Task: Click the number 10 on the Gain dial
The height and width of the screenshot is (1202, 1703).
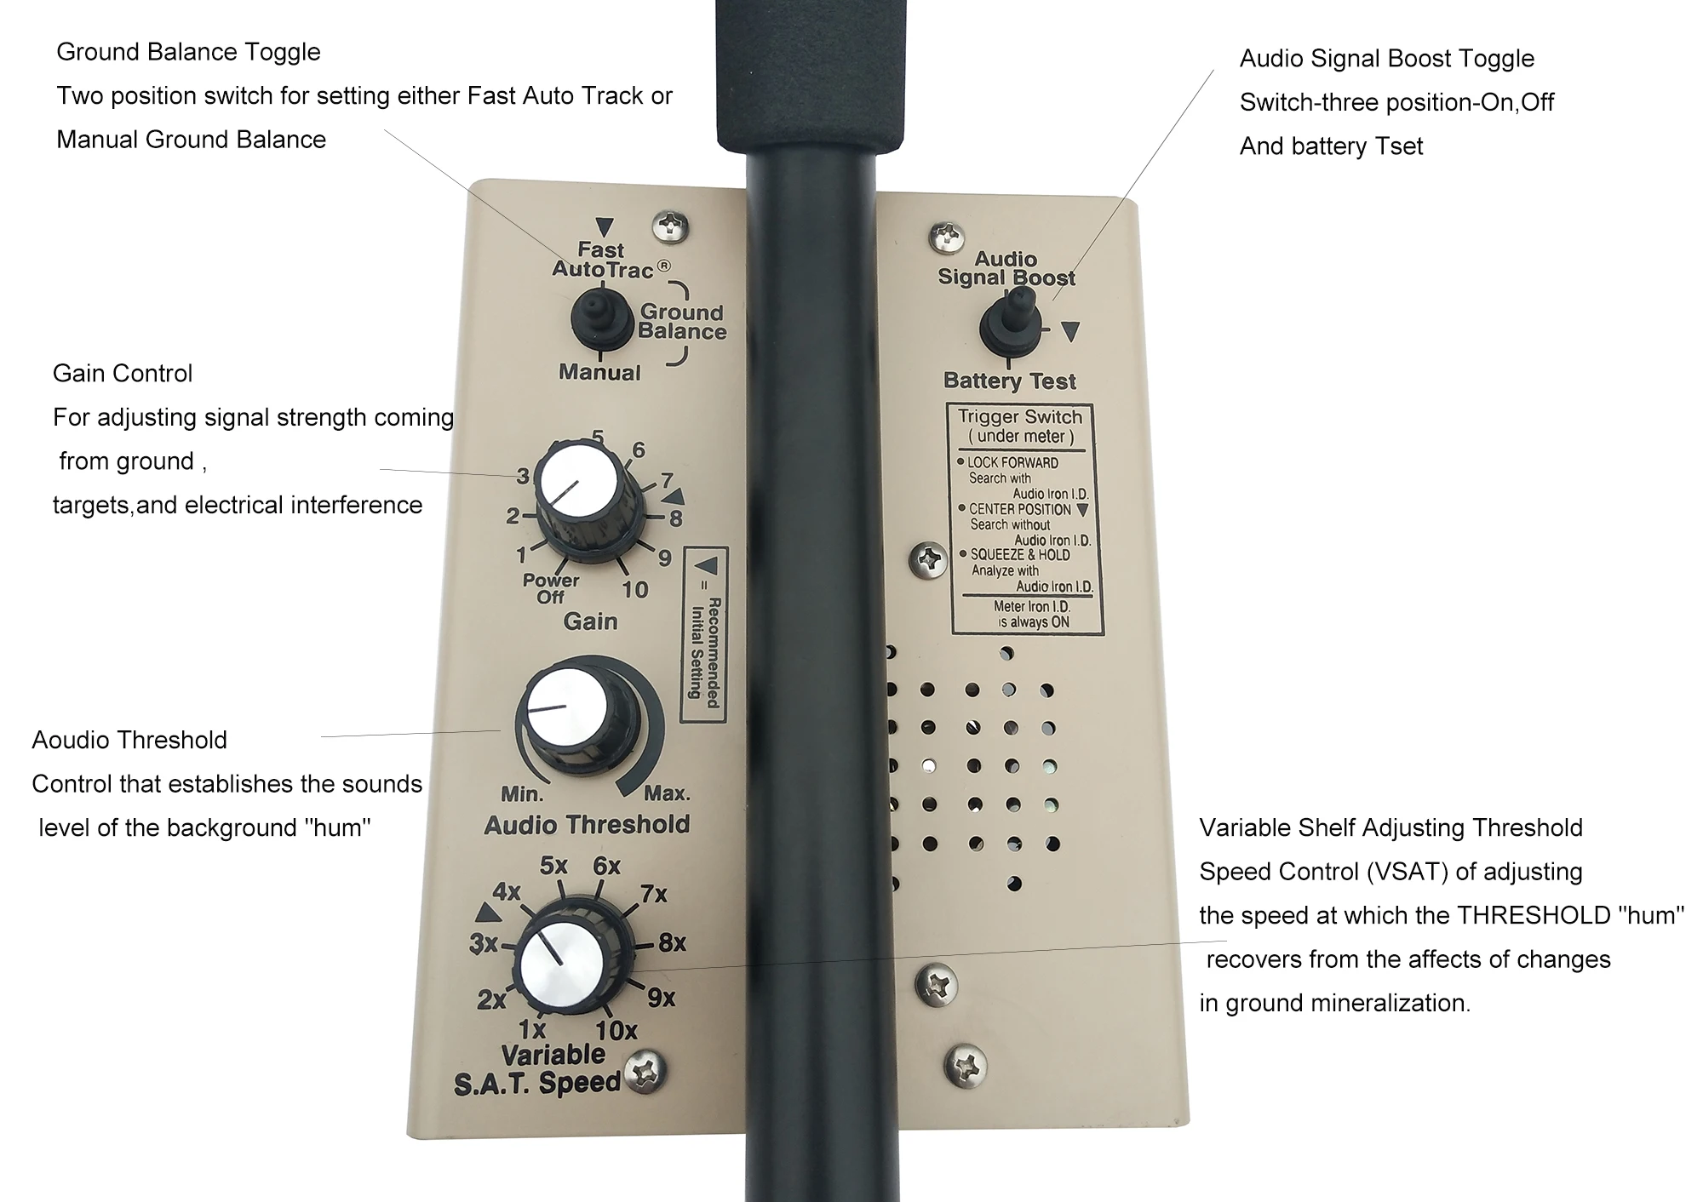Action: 634,589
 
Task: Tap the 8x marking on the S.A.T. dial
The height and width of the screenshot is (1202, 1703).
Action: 672,942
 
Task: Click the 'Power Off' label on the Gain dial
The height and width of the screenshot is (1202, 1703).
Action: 550,588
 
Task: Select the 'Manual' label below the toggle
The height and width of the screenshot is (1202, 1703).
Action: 599,372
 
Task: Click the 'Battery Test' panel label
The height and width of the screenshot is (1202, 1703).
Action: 1010,381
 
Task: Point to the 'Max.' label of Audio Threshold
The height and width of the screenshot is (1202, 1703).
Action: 667,793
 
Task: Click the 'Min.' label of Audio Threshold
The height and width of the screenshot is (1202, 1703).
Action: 522,794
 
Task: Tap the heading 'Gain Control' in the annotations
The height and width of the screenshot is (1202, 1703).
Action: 123,373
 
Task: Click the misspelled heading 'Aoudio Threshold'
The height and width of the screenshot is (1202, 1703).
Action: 129,740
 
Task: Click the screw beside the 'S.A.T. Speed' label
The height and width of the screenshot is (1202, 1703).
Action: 646,1072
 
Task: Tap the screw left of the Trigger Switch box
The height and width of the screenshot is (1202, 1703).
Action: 929,560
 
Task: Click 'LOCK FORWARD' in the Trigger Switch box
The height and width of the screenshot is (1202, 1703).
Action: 1012,462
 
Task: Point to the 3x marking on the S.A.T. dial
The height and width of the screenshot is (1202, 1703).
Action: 484,943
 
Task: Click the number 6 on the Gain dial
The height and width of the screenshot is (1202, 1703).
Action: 639,449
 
